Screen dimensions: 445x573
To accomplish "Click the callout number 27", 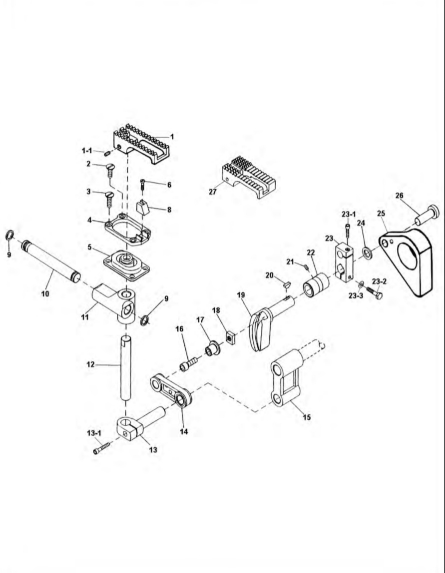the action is (x=213, y=192).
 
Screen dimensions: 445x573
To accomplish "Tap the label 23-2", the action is (x=379, y=282).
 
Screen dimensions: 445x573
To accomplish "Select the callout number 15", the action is (x=307, y=417).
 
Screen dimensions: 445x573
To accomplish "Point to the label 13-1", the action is (x=94, y=433).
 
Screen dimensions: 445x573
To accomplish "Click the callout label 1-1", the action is (x=87, y=151).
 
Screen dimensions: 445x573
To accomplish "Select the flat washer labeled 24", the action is (x=367, y=252).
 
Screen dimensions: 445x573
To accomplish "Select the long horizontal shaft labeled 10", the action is (x=51, y=261).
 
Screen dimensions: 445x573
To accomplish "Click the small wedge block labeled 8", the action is (x=142, y=209).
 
